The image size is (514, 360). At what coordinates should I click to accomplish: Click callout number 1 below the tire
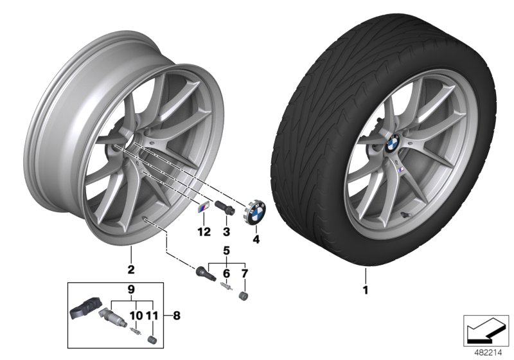pyautogui.click(x=366, y=289)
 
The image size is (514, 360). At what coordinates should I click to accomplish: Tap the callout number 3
pyautogui.click(x=226, y=231)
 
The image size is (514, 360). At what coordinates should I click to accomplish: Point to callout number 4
pyautogui.click(x=255, y=241)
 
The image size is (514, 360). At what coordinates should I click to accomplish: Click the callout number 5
pyautogui.click(x=226, y=249)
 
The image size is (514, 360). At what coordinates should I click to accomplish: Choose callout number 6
pyautogui.click(x=226, y=273)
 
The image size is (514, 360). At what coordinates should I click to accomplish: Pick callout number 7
pyautogui.click(x=244, y=273)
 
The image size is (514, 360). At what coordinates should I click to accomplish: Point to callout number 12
pyautogui.click(x=204, y=231)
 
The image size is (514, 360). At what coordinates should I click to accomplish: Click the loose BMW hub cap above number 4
pyautogui.click(x=255, y=213)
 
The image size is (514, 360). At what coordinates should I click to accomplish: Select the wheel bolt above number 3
pyautogui.click(x=226, y=210)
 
